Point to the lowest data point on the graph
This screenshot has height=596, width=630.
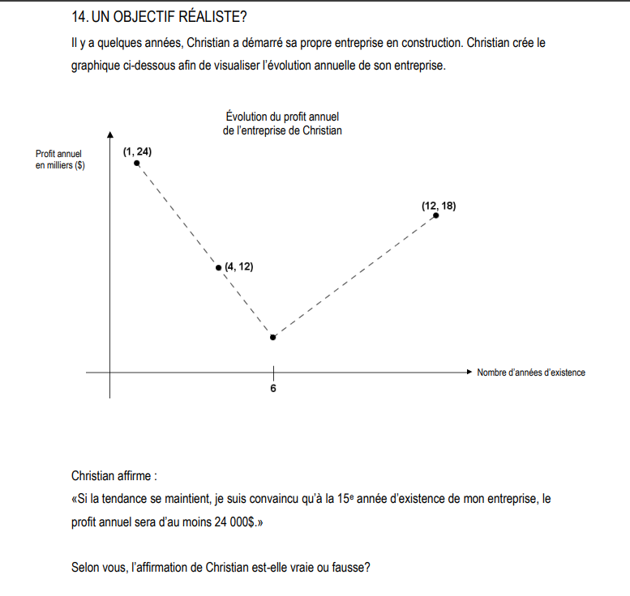[x=272, y=337]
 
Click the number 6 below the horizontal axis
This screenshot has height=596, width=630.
[x=272, y=389]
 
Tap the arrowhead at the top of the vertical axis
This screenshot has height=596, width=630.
[x=110, y=134]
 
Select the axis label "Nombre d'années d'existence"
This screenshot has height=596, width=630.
[x=531, y=372]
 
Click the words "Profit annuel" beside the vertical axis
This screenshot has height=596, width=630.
[x=59, y=154]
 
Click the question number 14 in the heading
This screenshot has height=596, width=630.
[x=79, y=16]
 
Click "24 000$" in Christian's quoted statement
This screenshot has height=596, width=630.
[x=234, y=523]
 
